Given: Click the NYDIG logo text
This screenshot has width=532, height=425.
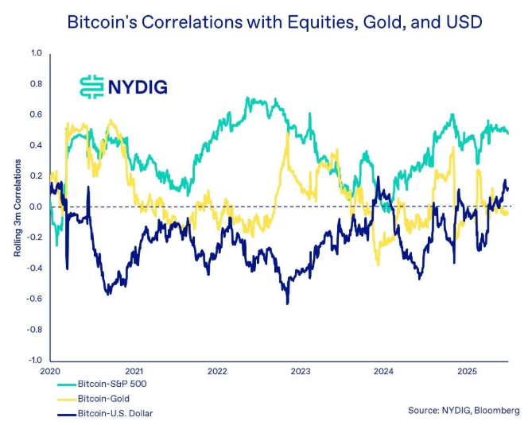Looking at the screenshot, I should pyautogui.click(x=138, y=86).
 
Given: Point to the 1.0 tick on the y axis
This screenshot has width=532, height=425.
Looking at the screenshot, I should pyautogui.click(x=36, y=54).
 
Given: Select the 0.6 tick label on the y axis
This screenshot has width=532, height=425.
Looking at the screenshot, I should pyautogui.click(x=36, y=115).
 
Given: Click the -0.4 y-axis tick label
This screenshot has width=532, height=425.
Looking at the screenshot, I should pyautogui.click(x=34, y=269).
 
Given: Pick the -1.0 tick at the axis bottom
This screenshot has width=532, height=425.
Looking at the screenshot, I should pyautogui.click(x=34, y=360).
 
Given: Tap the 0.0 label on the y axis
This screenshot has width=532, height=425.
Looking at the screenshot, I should pyautogui.click(x=36, y=207).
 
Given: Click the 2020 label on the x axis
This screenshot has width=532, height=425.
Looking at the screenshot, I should pyautogui.click(x=50, y=371).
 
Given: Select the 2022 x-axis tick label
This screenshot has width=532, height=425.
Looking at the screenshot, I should pyautogui.click(x=217, y=371).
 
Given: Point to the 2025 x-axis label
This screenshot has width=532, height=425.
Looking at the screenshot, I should pyautogui.click(x=467, y=371).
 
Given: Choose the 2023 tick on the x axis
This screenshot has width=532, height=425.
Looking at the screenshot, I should pyautogui.click(x=301, y=371).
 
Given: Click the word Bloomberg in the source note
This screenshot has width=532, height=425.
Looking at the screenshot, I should pyautogui.click(x=499, y=411).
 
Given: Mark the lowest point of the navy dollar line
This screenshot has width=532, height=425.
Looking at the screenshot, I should pyautogui.click(x=287, y=303).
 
